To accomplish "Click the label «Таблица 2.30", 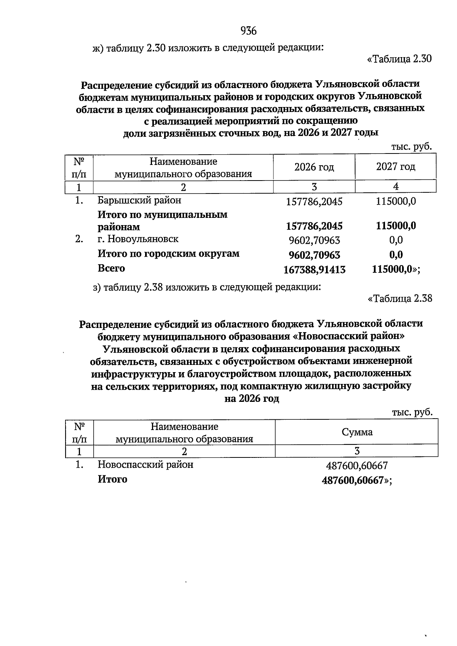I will coord(399,59).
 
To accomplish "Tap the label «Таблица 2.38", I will coord(400,298).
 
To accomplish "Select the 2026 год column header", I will coord(314,167).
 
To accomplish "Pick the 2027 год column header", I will coord(396,167).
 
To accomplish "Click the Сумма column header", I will coord(357,432).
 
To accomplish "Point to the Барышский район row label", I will coord(139,200).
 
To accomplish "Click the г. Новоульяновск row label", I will coord(138,239).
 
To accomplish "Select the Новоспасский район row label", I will coord(145,465).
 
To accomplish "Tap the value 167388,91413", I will coord(315,270).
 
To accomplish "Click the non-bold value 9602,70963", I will coord(315,241).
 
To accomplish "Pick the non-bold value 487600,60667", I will coord(357,466).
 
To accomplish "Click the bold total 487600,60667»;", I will coord(357,481).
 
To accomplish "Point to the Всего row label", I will coord(111,268).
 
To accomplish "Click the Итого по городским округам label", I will coord(169,254).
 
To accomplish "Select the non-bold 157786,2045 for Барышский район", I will coord(314,201).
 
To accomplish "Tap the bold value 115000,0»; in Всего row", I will coord(396,270).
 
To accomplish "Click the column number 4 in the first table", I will coord(396,187).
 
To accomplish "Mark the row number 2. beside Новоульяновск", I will coord(79,239).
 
